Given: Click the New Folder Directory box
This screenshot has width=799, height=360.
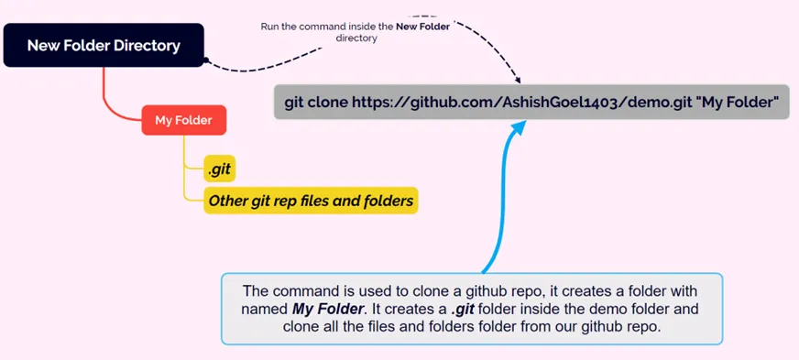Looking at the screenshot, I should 104,45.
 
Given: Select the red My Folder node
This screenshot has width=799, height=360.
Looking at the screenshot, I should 183,120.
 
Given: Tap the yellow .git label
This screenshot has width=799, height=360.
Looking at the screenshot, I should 219,168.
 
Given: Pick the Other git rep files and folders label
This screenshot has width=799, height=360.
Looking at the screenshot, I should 311,200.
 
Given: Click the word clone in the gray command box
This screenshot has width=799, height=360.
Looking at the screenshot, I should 328,103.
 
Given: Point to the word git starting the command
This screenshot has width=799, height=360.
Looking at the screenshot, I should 295,103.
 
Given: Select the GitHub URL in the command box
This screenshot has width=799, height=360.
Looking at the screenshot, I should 522,103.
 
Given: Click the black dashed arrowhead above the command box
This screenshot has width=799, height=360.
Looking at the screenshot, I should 518,81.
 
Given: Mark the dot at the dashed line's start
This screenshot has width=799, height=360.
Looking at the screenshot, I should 207,61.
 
